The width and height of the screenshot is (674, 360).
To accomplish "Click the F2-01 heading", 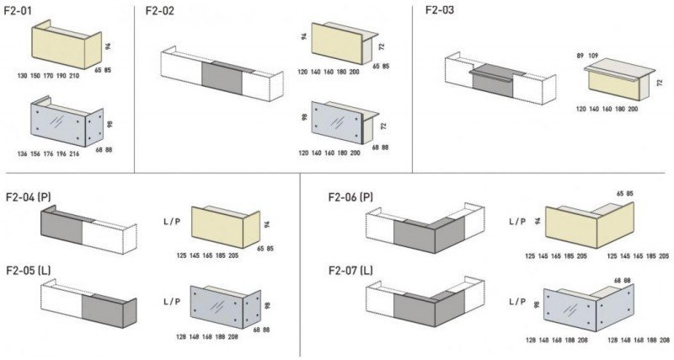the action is [18, 11].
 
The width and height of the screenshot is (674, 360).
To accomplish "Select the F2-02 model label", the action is [160, 11].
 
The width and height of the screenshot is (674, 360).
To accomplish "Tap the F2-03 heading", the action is [440, 10].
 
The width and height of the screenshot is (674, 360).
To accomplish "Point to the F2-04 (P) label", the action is [29, 197].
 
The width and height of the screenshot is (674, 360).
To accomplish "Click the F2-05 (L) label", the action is [29, 271].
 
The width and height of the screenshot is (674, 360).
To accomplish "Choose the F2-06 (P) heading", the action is [350, 197].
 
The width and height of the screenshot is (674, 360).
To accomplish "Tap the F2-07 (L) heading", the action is [350, 271].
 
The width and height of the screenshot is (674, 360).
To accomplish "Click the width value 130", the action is [23, 76].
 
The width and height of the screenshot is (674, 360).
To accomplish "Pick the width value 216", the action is [74, 153].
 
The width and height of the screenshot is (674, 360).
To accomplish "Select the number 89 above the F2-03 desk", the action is [580, 56].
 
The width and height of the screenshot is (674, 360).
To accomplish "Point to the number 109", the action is [593, 56].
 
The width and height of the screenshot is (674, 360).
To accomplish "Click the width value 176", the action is [48, 153].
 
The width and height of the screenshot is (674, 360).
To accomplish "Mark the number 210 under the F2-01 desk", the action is [74, 76].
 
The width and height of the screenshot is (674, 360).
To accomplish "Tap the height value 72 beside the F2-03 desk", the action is [660, 83].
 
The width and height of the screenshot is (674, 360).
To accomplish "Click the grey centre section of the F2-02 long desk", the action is [222, 78].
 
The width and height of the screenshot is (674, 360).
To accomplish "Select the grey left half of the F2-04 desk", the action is [62, 227].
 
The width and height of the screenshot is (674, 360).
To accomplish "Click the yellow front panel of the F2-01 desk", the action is [58, 48].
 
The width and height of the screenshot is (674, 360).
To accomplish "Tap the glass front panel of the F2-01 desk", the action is [58, 126].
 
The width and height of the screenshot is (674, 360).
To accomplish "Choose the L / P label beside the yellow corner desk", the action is [517, 222].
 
